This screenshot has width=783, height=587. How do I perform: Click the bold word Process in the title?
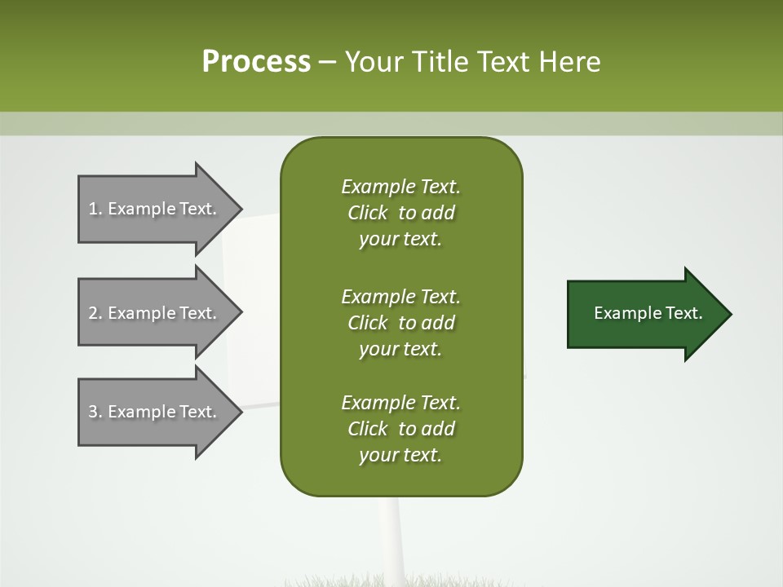pyautogui.click(x=256, y=62)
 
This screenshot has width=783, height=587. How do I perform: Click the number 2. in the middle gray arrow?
pyautogui.click(x=95, y=313)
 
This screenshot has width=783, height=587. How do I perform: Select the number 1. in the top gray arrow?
pyautogui.click(x=95, y=209)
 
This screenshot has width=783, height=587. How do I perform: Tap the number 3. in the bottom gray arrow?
pyautogui.click(x=95, y=412)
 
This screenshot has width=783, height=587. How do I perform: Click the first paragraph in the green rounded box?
pyautogui.click(x=400, y=213)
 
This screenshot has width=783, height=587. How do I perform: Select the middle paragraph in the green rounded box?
pyautogui.click(x=400, y=323)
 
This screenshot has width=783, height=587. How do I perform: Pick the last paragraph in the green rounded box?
pyautogui.click(x=400, y=429)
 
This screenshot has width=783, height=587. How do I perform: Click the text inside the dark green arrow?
pyautogui.click(x=648, y=313)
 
